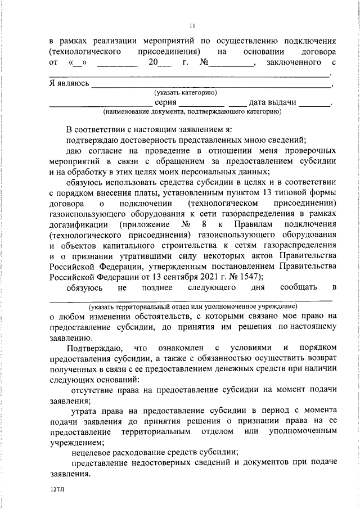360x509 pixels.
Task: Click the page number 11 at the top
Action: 192,25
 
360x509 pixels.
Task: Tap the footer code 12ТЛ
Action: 58,490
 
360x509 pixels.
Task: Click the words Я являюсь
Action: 69,83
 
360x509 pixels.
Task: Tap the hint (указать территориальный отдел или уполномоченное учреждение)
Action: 192,307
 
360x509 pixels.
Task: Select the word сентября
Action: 179,276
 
